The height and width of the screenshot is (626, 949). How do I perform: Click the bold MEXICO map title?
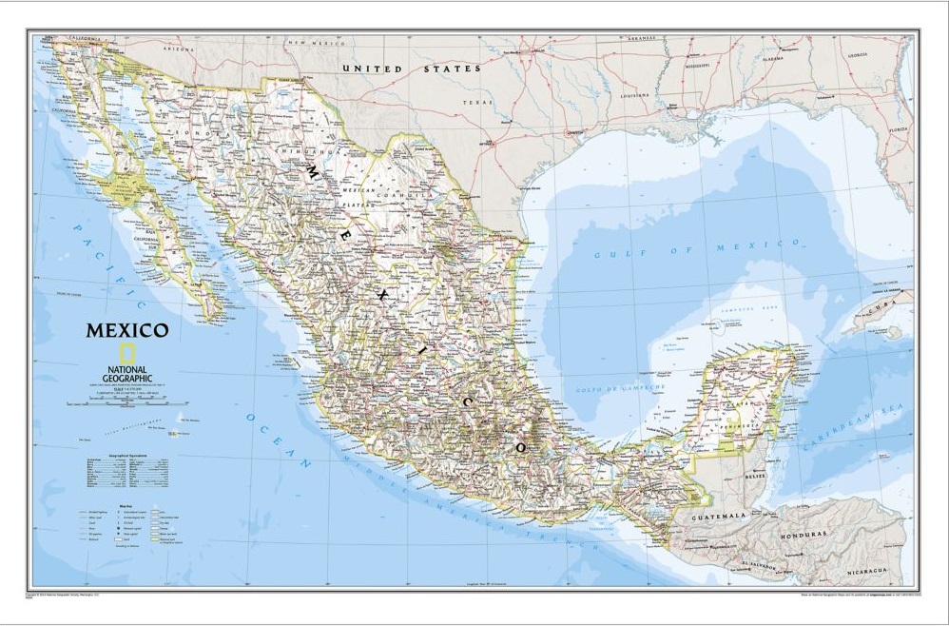127,331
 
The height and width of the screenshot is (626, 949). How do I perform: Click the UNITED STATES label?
411,69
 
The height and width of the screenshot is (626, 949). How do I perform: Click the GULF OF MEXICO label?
697,249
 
